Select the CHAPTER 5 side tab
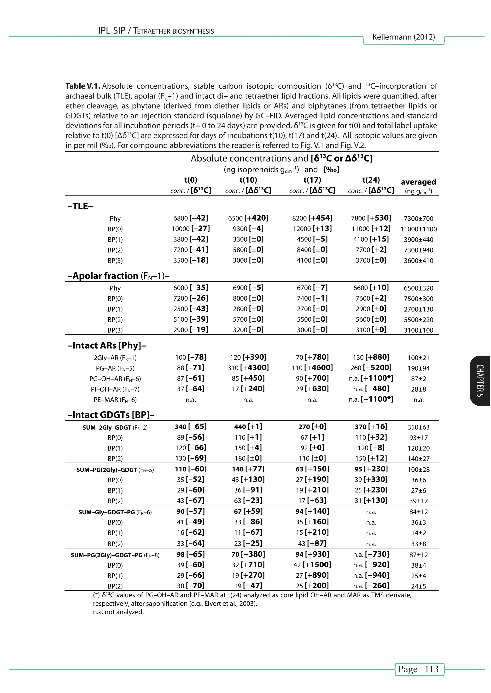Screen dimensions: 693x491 point(480,381)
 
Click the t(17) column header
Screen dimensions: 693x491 point(312,180)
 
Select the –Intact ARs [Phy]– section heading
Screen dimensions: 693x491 point(107,345)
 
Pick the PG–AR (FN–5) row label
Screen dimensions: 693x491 point(115,368)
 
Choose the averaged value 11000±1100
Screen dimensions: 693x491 point(418,229)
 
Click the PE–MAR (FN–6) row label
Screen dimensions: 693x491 point(115,400)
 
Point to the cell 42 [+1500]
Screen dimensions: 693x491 point(312,565)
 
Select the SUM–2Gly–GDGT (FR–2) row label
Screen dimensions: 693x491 point(115,427)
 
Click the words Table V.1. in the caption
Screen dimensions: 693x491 point(82,86)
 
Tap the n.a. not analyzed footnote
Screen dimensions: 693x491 point(118,612)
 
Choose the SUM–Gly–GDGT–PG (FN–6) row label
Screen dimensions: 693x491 point(115,512)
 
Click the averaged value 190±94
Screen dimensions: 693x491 point(418,368)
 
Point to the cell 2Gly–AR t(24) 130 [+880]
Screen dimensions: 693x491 point(371,357)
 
